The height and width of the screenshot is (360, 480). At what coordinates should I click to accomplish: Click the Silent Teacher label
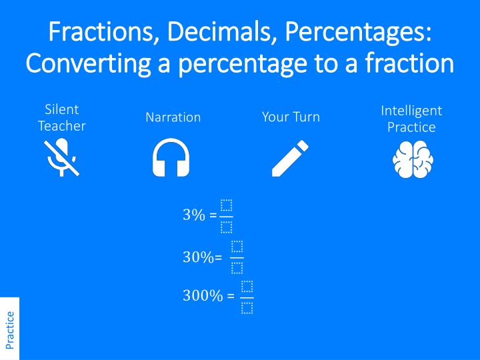tap(61, 117)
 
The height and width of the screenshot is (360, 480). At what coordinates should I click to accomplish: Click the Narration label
tap(173, 117)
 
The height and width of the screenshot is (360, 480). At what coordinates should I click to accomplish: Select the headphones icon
tap(171, 159)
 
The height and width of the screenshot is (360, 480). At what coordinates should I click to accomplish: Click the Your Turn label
tap(291, 117)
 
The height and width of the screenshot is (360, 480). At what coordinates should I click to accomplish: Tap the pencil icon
tap(291, 159)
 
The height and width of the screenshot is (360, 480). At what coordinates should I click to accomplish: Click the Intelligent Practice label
tap(411, 118)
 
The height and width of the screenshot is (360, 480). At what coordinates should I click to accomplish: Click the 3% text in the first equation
tap(194, 215)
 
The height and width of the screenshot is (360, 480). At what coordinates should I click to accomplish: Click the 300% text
tap(203, 296)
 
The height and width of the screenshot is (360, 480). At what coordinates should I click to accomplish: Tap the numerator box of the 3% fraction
tap(226, 205)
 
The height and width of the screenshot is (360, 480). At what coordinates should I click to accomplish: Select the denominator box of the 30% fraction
tap(237, 269)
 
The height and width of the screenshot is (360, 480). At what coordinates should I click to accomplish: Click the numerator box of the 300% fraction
tap(247, 287)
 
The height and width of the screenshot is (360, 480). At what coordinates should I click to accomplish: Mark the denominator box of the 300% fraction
tap(247, 308)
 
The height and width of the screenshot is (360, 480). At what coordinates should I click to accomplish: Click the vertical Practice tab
tap(9, 329)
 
